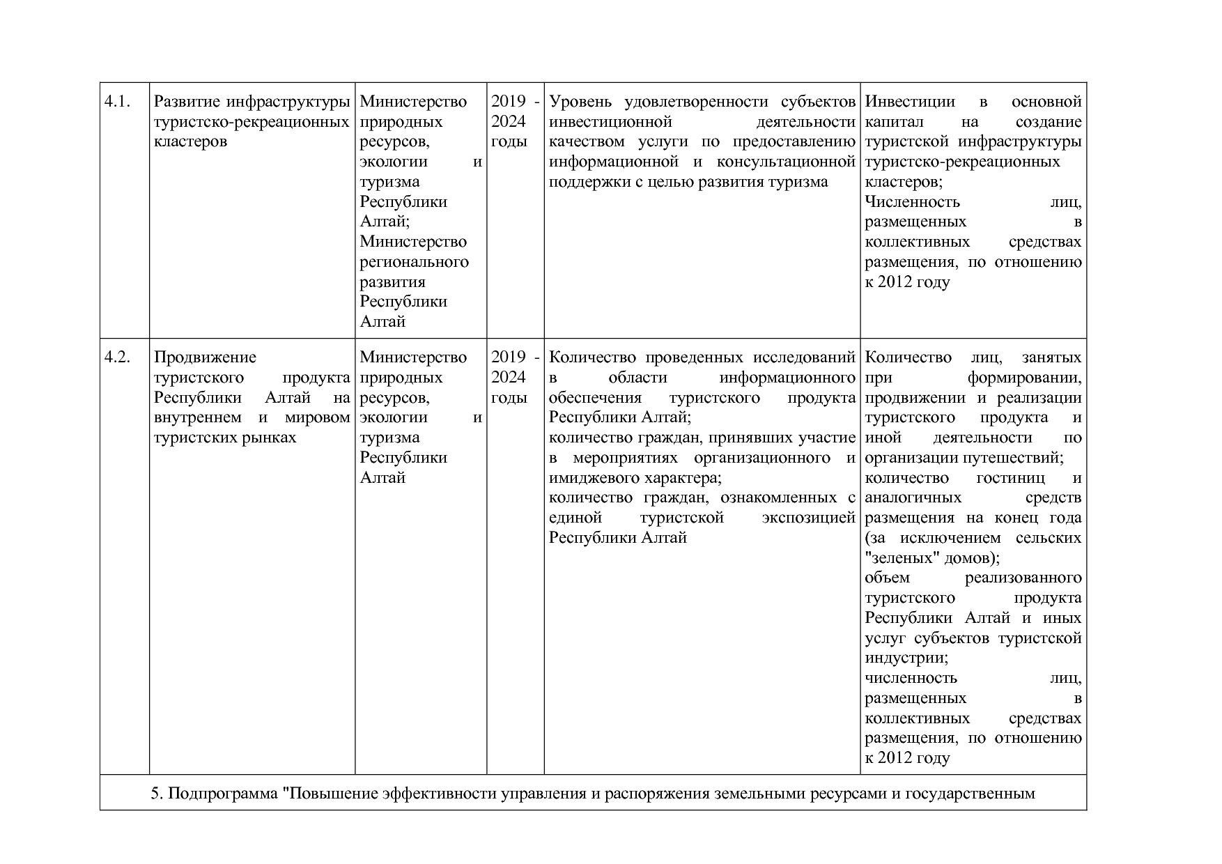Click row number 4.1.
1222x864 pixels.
pyautogui.click(x=117, y=102)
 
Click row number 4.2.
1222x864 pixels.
pyautogui.click(x=117, y=358)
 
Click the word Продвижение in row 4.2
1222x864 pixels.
pyautogui.click(x=205, y=358)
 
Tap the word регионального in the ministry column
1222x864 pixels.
pyautogui.click(x=414, y=263)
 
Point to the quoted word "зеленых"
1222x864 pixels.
pyautogui.click(x=898, y=559)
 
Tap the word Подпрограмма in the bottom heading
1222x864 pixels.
pyautogui.click(x=226, y=794)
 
